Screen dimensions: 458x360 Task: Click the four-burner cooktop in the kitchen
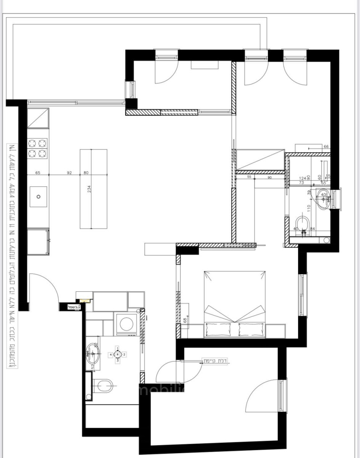pos(37,148)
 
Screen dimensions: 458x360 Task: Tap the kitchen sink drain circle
pos(39,197)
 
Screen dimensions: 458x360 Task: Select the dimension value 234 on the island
pos(89,189)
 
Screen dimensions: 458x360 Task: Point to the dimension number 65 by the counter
pos(38,173)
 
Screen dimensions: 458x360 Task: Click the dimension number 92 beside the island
pos(69,173)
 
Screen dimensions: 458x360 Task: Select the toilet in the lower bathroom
pos(102,385)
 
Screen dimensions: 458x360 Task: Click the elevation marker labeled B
pos(118,355)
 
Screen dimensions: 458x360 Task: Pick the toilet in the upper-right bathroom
pos(303,224)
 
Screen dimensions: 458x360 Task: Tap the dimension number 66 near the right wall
pos(326,147)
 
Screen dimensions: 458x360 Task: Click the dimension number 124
pos(302,178)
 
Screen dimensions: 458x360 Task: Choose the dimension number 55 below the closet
pos(249,177)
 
